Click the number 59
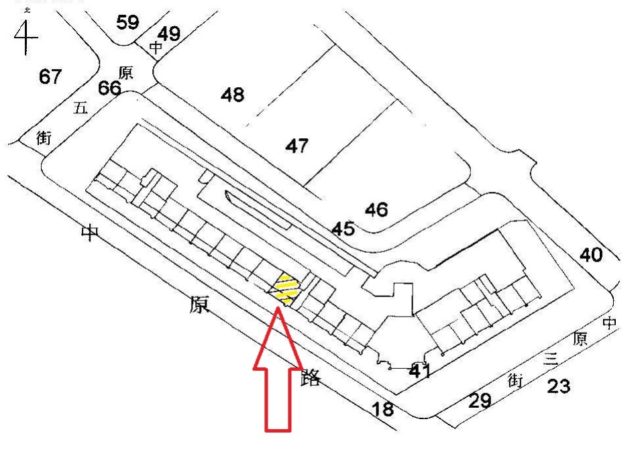click(127, 23)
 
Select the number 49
click(169, 34)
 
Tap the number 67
click(50, 76)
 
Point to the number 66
click(110, 88)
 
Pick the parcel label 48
click(233, 95)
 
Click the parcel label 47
click(297, 145)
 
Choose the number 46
click(376, 210)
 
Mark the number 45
click(343, 229)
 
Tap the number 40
click(591, 255)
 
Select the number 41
click(419, 370)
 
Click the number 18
click(383, 408)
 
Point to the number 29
click(480, 401)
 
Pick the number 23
click(558, 386)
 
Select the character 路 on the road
click(311, 378)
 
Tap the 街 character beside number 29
click(515, 381)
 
